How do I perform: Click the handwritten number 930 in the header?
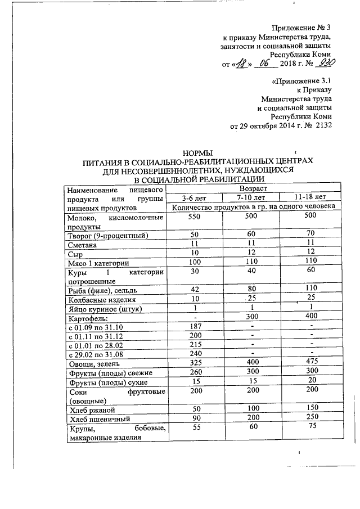321,64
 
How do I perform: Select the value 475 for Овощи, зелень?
310,363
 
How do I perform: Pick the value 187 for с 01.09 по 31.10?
195,327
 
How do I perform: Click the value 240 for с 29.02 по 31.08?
195,354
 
